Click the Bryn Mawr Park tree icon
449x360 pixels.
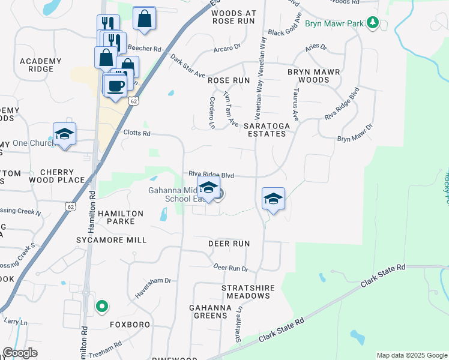pos(373,23)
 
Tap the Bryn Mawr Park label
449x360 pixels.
pos(334,23)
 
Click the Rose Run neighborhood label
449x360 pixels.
pos(229,80)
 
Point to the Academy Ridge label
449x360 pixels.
pos(41,65)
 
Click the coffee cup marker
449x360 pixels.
pos(116,85)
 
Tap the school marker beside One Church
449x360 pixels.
pos(64,134)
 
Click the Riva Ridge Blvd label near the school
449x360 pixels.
pos(211,174)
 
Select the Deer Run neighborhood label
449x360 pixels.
pos(229,244)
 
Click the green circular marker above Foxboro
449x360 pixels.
pos(102,307)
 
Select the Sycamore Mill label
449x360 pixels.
pos(111,240)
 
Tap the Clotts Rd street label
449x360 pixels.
pos(136,133)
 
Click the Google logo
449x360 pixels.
pos(20,353)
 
